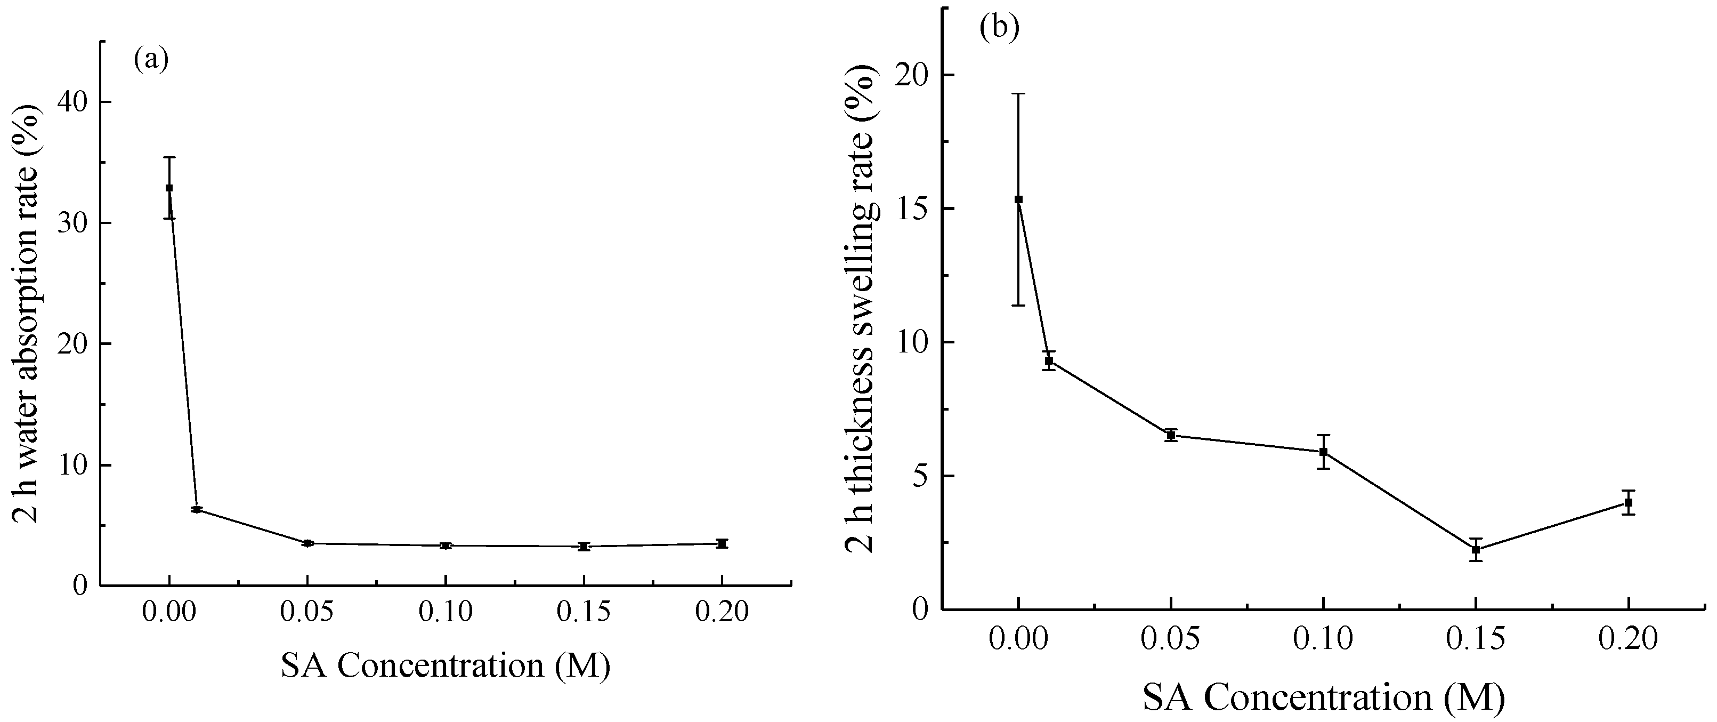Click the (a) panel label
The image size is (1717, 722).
coord(151,59)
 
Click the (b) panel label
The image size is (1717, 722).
coord(999,28)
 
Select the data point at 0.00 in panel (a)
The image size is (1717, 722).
coord(169,188)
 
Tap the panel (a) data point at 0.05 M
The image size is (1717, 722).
coord(307,543)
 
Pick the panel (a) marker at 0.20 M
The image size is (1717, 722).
coord(722,543)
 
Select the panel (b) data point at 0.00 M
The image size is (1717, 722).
coord(1018,199)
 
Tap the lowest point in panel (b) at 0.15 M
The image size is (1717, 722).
coord(1476,550)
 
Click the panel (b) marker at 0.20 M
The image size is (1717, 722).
coord(1629,503)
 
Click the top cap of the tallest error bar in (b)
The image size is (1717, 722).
coord(1018,94)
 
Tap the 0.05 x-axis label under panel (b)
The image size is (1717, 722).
coord(1170,639)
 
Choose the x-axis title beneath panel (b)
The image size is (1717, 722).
coord(1324,698)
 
